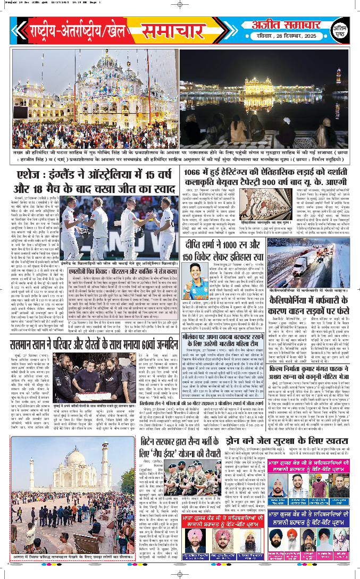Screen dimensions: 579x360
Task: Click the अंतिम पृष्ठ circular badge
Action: (x=336, y=32)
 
